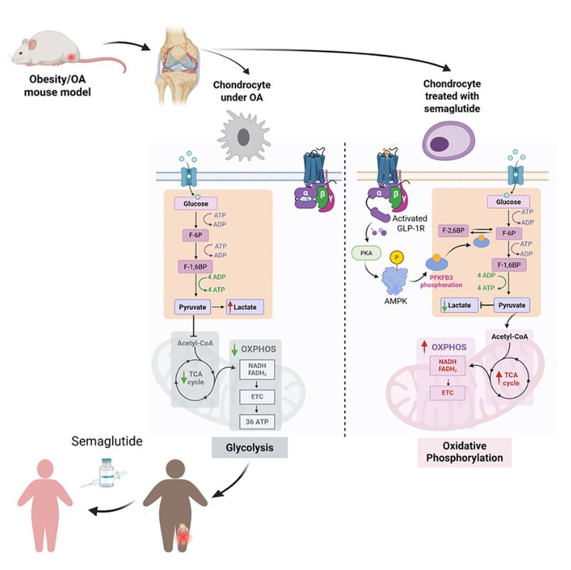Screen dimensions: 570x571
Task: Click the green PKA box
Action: [363, 252]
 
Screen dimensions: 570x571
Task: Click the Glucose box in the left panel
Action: [195, 204]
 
